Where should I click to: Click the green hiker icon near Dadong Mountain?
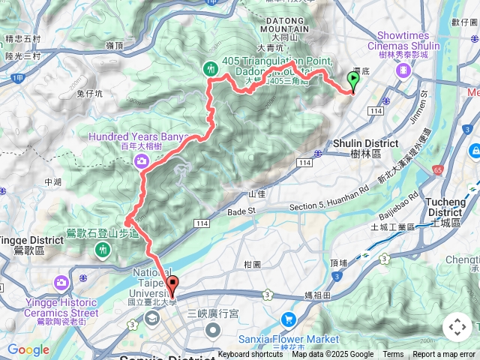click(211, 69)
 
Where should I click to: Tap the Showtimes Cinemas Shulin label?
click(403, 40)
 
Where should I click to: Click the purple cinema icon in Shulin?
click(404, 70)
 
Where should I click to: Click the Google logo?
click(28, 349)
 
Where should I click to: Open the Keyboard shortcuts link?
click(250, 355)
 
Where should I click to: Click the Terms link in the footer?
click(393, 355)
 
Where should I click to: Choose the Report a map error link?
click(445, 355)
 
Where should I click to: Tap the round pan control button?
click(457, 327)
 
